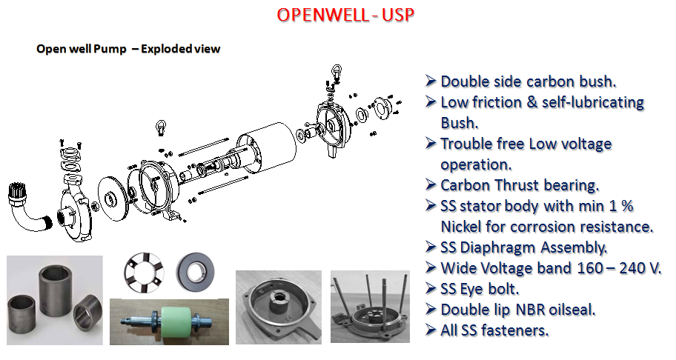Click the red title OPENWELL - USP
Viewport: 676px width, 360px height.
pyautogui.click(x=345, y=15)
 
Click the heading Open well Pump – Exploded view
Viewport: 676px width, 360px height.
pyautogui.click(x=128, y=49)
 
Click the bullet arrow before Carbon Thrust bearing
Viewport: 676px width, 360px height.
pyautogui.click(x=431, y=184)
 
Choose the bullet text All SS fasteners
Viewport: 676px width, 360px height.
pyautogui.click(x=494, y=330)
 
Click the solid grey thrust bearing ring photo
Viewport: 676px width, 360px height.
pyautogui.click(x=195, y=271)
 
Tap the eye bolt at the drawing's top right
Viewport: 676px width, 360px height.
pyautogui.click(x=337, y=73)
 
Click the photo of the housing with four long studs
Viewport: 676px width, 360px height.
pyautogui.click(x=370, y=307)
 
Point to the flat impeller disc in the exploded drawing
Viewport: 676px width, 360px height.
pyautogui.click(x=113, y=198)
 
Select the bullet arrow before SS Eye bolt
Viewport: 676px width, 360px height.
pyautogui.click(x=431, y=287)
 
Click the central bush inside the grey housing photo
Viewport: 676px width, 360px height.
pyautogui.click(x=279, y=304)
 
